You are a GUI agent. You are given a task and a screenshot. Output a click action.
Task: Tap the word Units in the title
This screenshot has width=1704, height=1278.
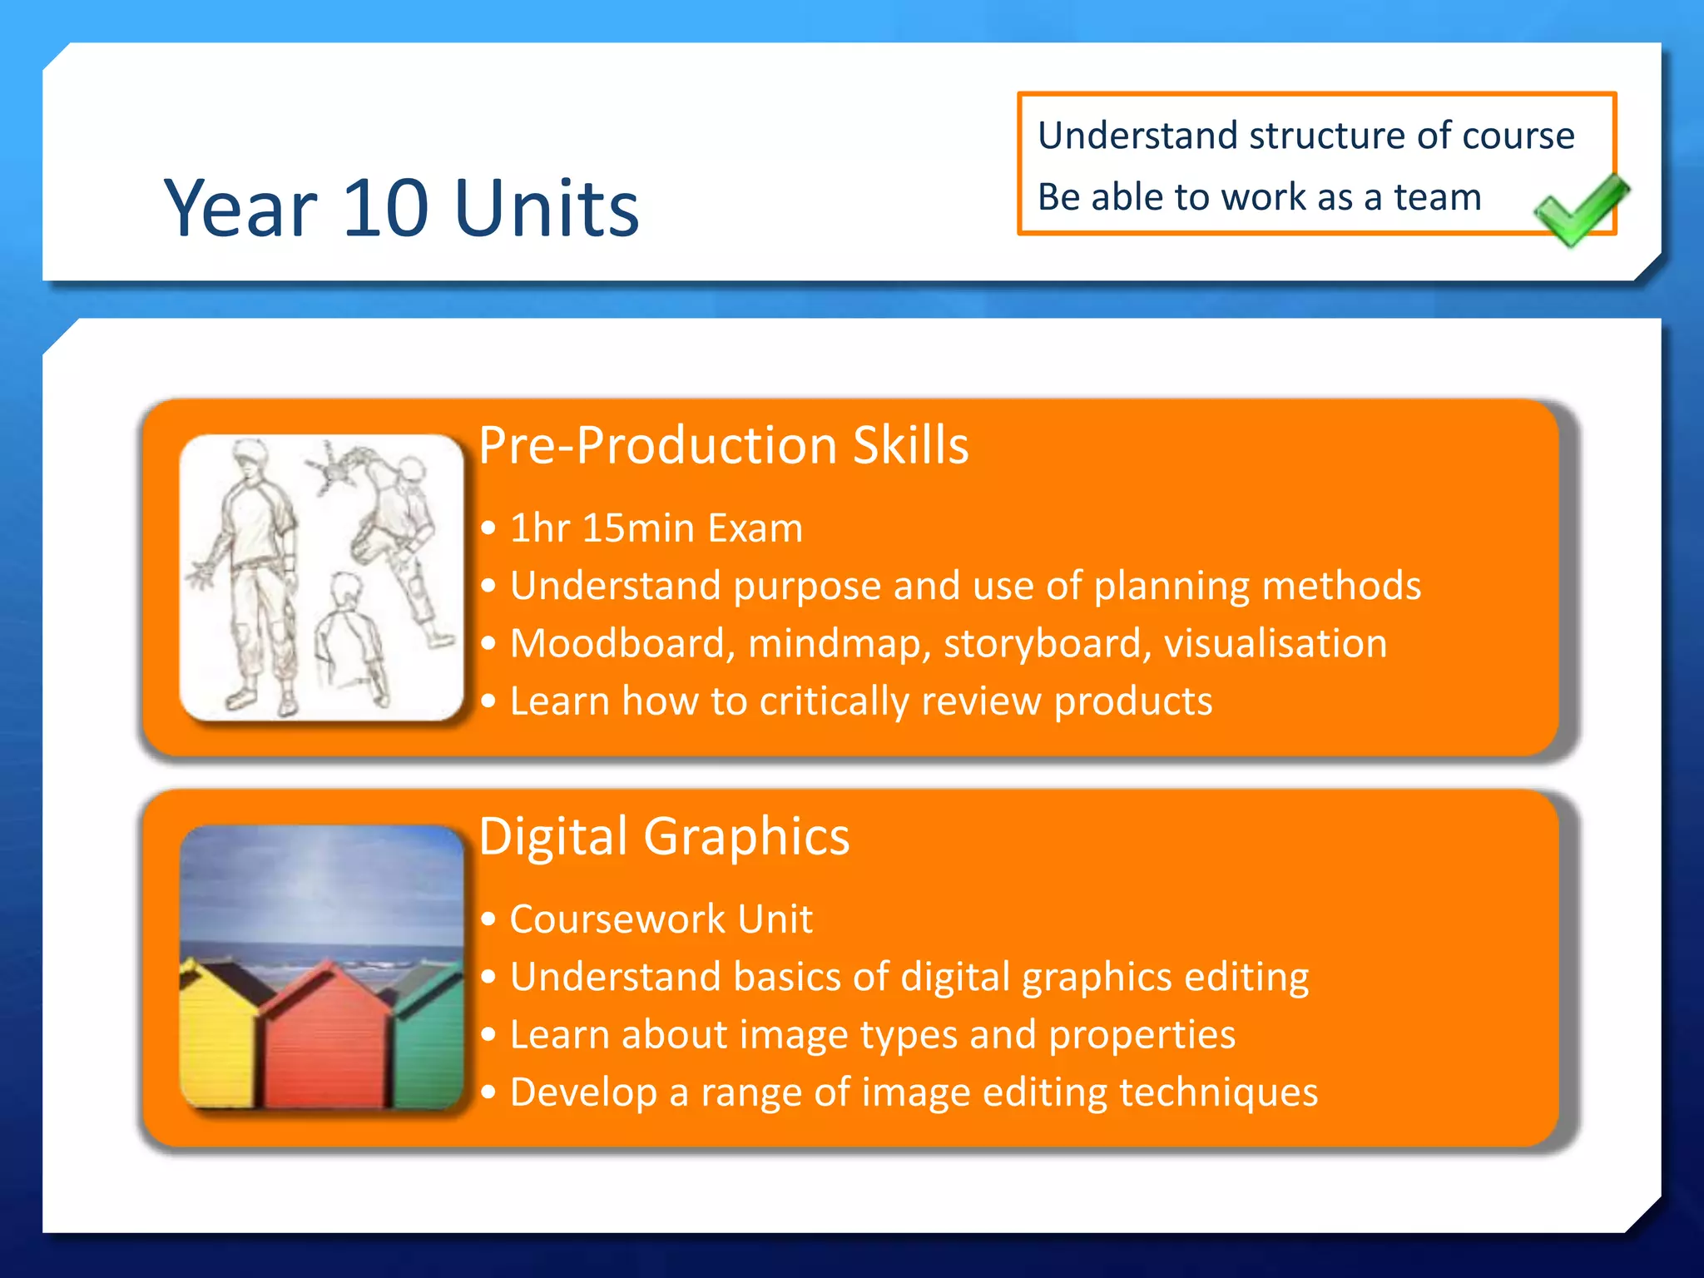pos(547,208)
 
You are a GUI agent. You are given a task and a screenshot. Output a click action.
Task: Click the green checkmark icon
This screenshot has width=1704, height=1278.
pos(1579,210)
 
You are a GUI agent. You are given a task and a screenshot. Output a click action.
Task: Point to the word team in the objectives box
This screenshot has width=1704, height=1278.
pos(1437,197)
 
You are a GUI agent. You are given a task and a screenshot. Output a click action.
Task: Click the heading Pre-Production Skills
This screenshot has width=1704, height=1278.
pos(723,445)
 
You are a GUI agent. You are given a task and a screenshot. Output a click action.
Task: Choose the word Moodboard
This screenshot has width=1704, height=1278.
pos(617,644)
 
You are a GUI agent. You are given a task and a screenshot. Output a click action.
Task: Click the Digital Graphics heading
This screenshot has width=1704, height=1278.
pos(664,836)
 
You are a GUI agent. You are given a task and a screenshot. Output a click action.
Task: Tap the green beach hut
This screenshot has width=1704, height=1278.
pos(428,1040)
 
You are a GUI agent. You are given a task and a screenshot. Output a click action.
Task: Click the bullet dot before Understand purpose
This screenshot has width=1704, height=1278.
pos(488,587)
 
